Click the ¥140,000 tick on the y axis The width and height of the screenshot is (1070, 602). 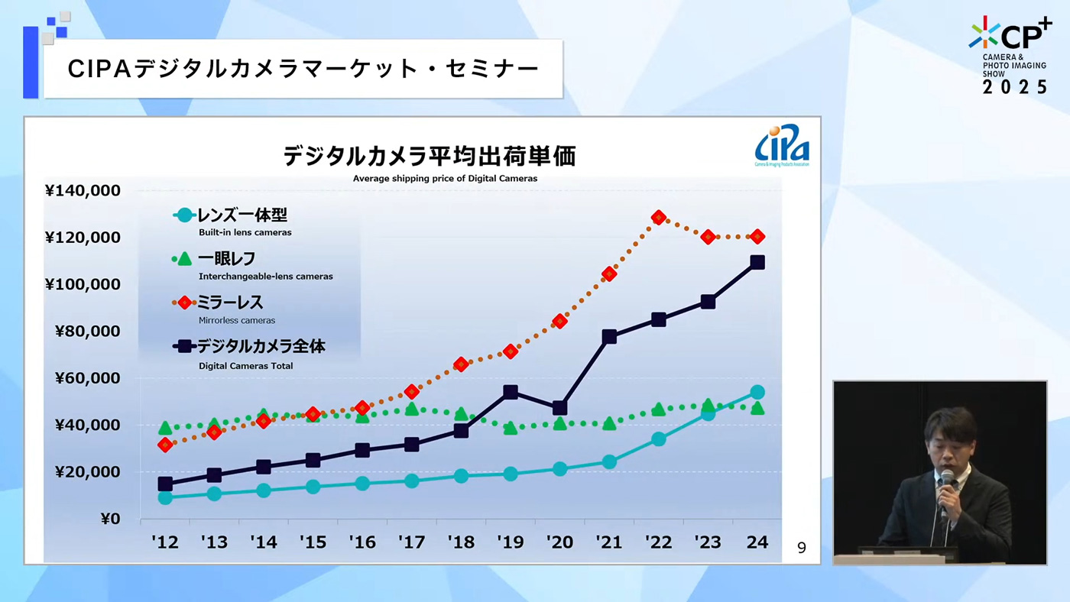point(83,190)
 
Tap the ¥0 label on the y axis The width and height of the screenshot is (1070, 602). point(110,519)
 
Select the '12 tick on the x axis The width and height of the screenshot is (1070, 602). point(165,542)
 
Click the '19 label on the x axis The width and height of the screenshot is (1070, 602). point(511,542)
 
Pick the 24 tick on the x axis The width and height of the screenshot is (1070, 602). point(757,542)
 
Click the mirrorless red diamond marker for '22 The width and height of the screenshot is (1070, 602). point(659,218)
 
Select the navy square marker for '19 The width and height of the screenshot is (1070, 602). point(511,393)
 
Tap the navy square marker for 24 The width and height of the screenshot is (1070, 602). point(757,262)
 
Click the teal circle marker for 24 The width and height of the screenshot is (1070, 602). point(757,392)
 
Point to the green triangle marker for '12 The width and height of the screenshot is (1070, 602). point(165,428)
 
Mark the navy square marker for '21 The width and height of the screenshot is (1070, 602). point(609,337)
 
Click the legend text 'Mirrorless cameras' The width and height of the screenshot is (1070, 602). point(236,321)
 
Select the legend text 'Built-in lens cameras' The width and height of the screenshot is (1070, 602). point(245,232)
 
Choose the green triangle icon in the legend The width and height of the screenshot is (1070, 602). point(184,259)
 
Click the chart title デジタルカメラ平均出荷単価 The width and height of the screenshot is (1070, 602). point(429,157)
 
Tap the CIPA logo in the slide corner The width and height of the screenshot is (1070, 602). point(782,145)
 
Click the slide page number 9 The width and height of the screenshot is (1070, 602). point(801,548)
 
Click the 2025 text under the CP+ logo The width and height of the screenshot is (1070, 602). point(1015,87)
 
